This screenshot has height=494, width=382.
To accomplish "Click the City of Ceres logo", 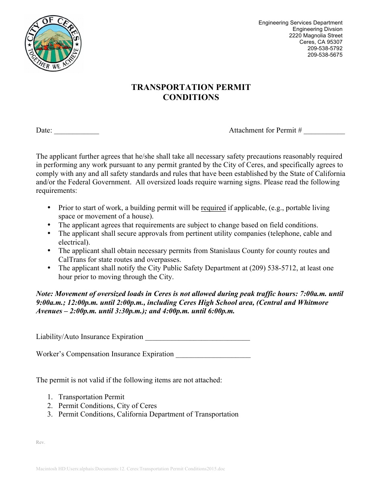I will [x=54, y=43].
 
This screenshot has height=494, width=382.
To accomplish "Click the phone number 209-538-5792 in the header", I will [x=325, y=48].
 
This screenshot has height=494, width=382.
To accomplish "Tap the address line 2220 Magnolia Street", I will [x=316, y=35].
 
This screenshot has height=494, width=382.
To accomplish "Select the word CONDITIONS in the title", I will [x=191, y=97].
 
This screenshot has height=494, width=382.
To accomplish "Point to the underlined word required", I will [x=213, y=208].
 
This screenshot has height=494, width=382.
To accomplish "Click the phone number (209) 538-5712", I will [x=274, y=268].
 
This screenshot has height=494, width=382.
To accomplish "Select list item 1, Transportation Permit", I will [x=91, y=397].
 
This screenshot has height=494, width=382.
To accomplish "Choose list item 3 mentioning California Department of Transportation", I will [x=148, y=414].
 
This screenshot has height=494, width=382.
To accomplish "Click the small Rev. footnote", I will [x=40, y=442].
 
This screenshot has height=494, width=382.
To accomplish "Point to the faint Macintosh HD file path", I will [x=131, y=469].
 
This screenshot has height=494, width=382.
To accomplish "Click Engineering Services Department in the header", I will [x=300, y=23].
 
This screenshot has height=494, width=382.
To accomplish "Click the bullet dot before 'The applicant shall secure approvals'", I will [x=49, y=233].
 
